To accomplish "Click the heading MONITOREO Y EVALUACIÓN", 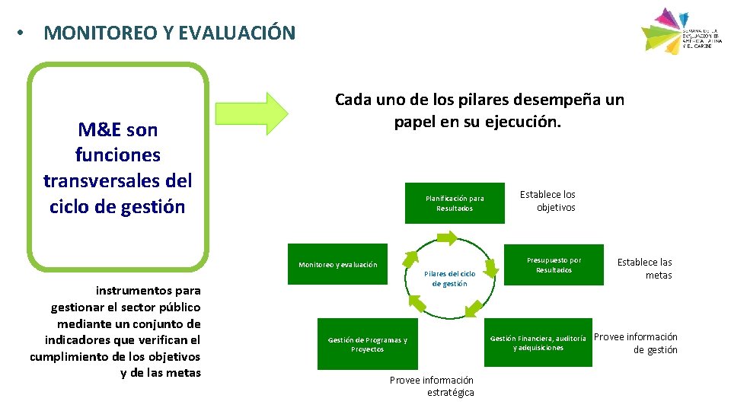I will (x=169, y=33).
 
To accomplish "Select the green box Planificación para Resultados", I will (x=455, y=203).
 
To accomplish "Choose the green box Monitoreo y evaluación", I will (x=337, y=264).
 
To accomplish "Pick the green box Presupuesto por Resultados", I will (x=554, y=265).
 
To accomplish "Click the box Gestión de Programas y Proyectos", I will (x=367, y=344).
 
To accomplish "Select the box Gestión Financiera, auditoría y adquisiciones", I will (x=538, y=342).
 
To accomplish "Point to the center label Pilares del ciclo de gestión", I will (x=449, y=279).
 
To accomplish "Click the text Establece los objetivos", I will (x=548, y=201).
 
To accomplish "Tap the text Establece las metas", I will (x=645, y=269).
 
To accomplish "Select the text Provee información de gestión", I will (x=636, y=343).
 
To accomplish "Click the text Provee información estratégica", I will (x=432, y=386).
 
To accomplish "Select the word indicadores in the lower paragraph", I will (x=77, y=339).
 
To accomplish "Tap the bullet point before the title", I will (x=24, y=33).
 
